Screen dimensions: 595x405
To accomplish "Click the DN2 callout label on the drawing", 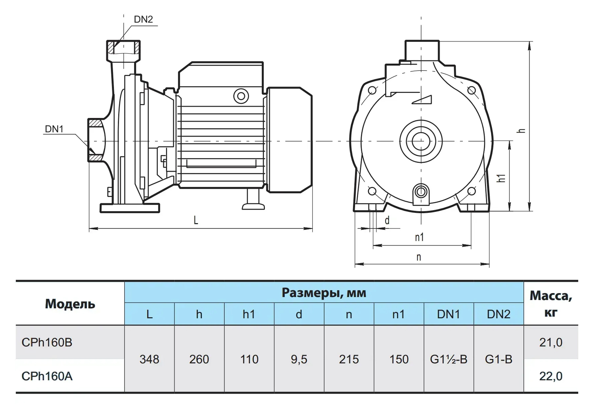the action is click(143, 19).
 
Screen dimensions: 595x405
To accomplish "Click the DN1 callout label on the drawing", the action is click(54, 129).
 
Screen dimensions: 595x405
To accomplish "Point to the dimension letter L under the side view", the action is click(196, 220).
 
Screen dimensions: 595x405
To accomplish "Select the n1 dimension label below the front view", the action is click(419, 237).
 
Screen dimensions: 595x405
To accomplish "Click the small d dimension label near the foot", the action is click(387, 220).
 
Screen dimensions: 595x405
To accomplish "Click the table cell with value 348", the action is click(149, 359).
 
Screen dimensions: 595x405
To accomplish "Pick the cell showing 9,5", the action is click(299, 359).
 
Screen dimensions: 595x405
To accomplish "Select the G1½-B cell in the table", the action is click(449, 359).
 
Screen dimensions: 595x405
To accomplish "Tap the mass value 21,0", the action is click(551, 342).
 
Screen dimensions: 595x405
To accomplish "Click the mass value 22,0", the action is click(551, 376).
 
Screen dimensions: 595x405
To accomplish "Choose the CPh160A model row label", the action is click(47, 376).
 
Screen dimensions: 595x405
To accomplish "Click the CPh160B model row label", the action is click(47, 342).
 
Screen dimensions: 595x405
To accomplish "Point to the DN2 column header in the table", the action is click(499, 314).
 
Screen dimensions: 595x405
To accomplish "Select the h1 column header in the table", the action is click(249, 314).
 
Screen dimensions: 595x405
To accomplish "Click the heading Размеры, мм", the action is click(324, 293).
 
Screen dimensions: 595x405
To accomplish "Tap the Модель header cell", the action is click(70, 304).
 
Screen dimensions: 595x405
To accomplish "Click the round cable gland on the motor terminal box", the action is click(241, 96).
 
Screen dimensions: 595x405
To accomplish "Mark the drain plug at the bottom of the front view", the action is click(421, 191).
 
